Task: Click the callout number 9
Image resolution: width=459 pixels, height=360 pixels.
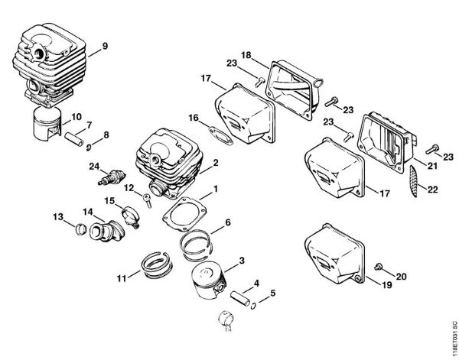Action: click(x=105, y=44)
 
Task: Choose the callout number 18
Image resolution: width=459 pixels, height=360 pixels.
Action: click(x=246, y=54)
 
